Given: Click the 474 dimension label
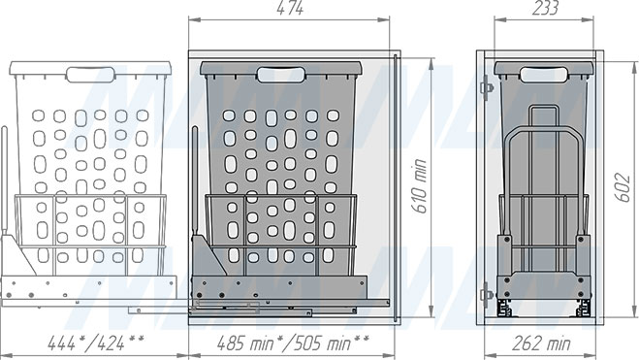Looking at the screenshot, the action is [290, 8].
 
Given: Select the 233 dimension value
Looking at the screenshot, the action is [545, 8].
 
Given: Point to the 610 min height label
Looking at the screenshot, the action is [420, 185].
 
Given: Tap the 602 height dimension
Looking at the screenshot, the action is [622, 187].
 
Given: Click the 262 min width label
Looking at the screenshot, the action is [541, 344].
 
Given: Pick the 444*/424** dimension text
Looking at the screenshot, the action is [96, 344].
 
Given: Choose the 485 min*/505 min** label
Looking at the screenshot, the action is [293, 344].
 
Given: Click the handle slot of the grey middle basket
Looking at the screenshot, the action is [281, 76].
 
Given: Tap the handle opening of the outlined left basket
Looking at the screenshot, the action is [90, 75].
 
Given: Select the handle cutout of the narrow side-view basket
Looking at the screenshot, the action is [544, 75].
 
